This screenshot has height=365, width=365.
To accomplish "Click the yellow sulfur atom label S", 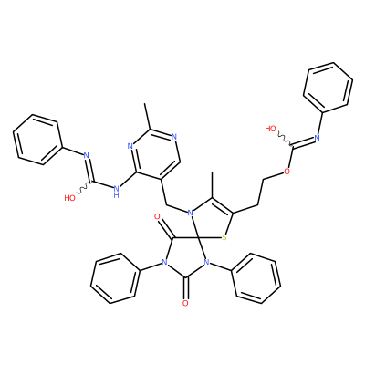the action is tap(224, 237).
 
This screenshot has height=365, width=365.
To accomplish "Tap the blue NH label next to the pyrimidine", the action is tap(116, 192).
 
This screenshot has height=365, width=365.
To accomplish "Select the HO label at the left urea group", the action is tap(70, 198).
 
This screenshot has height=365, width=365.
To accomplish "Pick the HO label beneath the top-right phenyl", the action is tap(271, 129).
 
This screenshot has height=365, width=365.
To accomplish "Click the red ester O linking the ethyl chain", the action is tap(287, 172).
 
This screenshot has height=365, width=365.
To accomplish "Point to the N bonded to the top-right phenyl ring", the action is tap(318, 138).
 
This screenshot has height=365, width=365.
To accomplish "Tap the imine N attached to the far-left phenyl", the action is tap(86, 155).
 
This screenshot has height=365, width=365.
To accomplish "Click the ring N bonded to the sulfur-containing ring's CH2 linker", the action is tap(190, 213).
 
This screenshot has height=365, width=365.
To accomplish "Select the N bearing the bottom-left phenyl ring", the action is tap(164, 262).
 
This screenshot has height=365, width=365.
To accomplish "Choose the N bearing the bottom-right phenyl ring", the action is tap(207, 262).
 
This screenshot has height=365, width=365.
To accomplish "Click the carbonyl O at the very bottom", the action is tap(185, 303).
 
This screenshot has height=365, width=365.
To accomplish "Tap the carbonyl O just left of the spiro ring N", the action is tap(157, 217).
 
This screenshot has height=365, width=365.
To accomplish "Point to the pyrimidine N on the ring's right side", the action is tap(173, 136).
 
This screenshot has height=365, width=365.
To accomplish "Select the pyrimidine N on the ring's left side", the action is tap(130, 146).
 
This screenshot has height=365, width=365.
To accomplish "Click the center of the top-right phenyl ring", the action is tap(328, 86).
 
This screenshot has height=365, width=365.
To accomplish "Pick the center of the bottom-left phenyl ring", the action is tap(116, 278).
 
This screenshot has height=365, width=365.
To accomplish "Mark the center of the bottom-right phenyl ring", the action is tap(255, 278).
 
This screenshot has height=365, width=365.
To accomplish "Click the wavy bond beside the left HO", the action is tap(84, 188).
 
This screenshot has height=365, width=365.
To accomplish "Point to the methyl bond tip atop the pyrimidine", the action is tap(145, 104).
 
